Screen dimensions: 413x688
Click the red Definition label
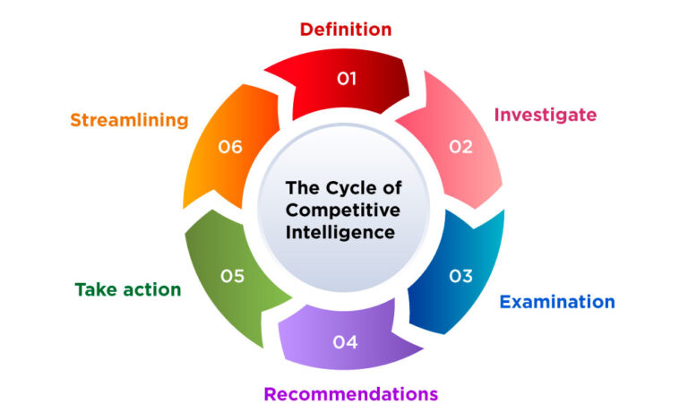pyautogui.click(x=345, y=30)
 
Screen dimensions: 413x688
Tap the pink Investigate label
pyautogui.click(x=546, y=115)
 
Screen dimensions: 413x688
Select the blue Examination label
pyautogui.click(x=556, y=302)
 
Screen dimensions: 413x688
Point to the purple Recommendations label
pyautogui.click(x=350, y=393)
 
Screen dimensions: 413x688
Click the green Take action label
pyautogui.click(x=128, y=290)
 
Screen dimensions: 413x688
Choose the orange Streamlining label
pyautogui.click(x=129, y=120)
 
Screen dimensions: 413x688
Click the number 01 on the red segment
pyautogui.click(x=347, y=80)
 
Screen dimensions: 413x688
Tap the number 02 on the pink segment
pyautogui.click(x=460, y=147)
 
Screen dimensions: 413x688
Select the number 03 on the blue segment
pyautogui.click(x=460, y=276)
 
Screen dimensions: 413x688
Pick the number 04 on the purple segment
pyautogui.click(x=346, y=341)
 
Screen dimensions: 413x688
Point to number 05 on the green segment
pyautogui.click(x=232, y=276)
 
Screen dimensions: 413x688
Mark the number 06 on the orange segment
pyautogui.click(x=231, y=147)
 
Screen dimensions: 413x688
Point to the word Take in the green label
pyautogui.click(x=93, y=290)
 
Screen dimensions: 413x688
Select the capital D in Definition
pyautogui.click(x=305, y=30)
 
